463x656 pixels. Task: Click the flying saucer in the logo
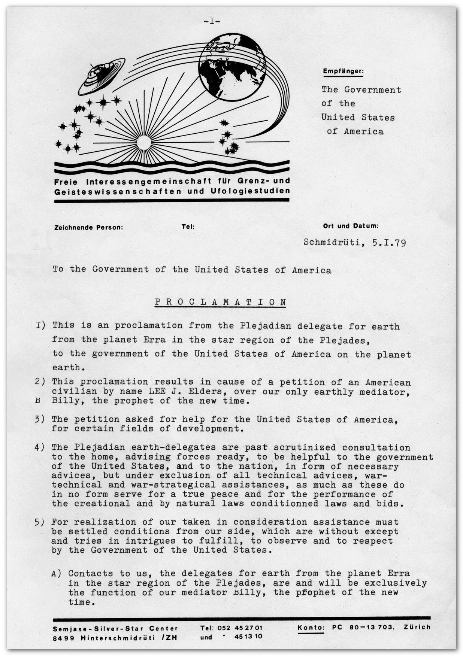(x=101, y=76)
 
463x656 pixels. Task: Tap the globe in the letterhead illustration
(x=232, y=67)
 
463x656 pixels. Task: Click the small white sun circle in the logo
(x=144, y=143)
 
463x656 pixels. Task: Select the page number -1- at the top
(x=212, y=21)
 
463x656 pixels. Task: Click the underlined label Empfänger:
(x=343, y=71)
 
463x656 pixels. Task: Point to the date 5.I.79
(x=389, y=243)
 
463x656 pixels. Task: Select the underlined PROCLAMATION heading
(x=221, y=302)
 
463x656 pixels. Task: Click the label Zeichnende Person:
(x=88, y=227)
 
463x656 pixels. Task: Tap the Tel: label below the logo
(x=188, y=227)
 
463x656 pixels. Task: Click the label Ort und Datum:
(x=351, y=226)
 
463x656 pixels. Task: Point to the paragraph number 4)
(x=40, y=447)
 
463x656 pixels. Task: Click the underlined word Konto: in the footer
(x=311, y=628)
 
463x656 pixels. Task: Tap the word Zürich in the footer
(x=417, y=627)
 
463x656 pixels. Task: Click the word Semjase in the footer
(x=67, y=628)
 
